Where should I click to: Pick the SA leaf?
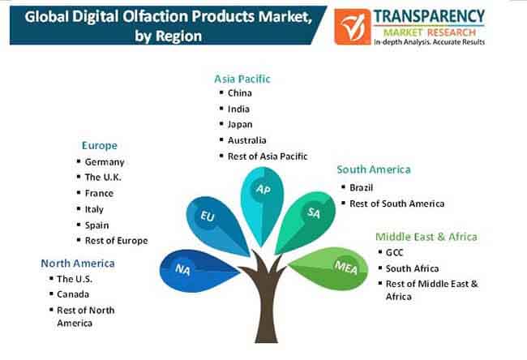pos(306,221)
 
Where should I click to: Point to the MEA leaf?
pos(331,268)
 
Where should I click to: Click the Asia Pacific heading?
pos(242,79)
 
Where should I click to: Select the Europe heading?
pos(100,146)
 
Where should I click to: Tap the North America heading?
pos(78,264)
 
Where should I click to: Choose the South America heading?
pos(374,169)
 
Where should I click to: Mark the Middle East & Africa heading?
pos(426,237)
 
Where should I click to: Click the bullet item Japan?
pos(240,124)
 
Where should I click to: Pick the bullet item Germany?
pos(105,162)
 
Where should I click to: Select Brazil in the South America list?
pos(362,187)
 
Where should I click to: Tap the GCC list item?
pos(394,252)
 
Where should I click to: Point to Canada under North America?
pos(73,294)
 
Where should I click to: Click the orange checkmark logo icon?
pos(352,27)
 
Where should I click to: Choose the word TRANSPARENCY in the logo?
pos(429,16)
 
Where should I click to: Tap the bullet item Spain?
pos(96,225)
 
